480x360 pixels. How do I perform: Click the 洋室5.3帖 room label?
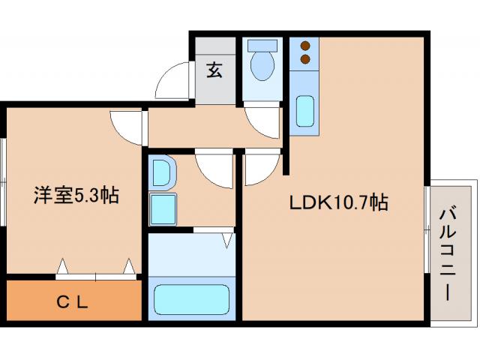coord(75,196)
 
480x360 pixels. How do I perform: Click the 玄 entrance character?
coord(214,71)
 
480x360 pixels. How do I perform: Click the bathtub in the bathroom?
coord(191,298)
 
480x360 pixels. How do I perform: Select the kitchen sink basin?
coord(304,111)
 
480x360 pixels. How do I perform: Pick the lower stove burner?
coord(305,58)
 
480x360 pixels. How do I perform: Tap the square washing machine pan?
coord(163,208)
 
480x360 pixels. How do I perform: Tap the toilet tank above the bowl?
coord(262,45)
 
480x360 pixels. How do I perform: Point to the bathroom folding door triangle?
coord(227,240)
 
